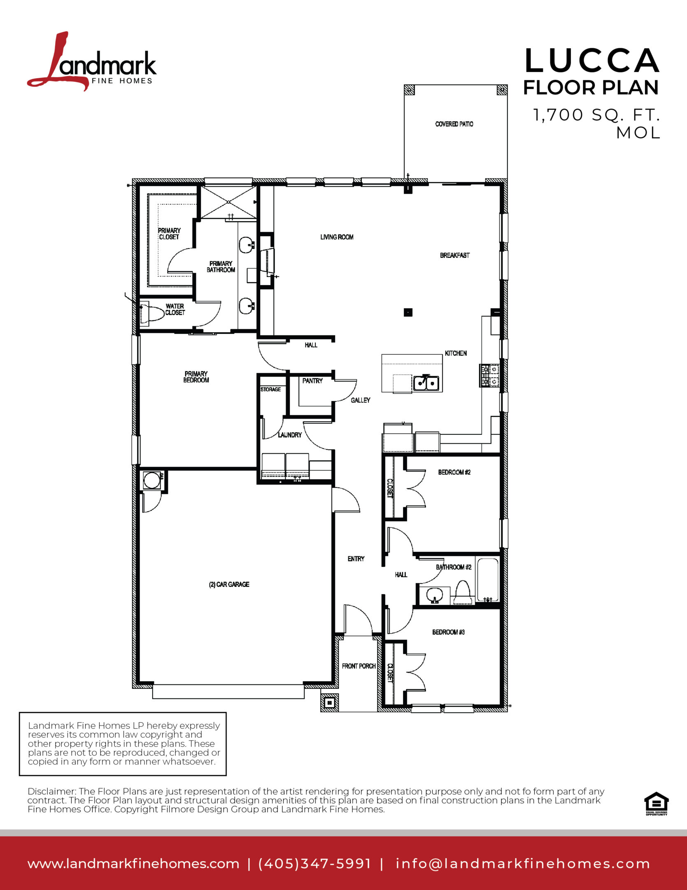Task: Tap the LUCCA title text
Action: (x=592, y=61)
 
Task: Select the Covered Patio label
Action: (x=454, y=124)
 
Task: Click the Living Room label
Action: (x=337, y=237)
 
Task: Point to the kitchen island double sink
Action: (x=426, y=383)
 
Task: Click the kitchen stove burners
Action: (x=489, y=375)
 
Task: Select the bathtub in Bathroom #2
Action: (x=488, y=578)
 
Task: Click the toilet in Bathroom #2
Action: (x=463, y=591)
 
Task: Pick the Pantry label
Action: (x=312, y=381)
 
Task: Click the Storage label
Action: (x=270, y=389)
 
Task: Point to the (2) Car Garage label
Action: (x=229, y=584)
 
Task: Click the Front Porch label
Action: (x=359, y=666)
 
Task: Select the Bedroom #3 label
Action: (x=448, y=632)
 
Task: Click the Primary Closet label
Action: (x=169, y=234)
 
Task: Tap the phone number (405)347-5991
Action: (x=315, y=864)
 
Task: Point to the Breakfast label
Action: (x=454, y=255)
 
